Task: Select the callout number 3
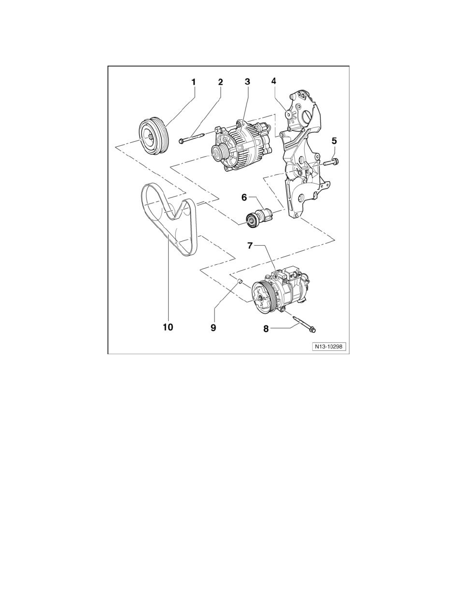click(x=247, y=81)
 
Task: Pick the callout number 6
click(x=244, y=197)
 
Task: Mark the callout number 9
click(x=213, y=328)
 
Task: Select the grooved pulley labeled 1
click(x=153, y=137)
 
